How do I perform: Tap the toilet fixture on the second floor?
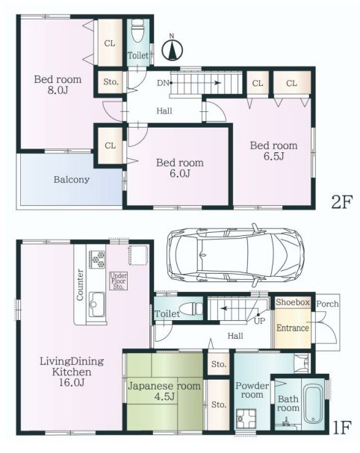pyautogui.click(x=137, y=31)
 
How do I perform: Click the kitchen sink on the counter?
pyautogui.click(x=96, y=304)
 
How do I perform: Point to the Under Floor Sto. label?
pyautogui.click(x=118, y=281)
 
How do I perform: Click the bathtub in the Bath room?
pyautogui.click(x=313, y=404)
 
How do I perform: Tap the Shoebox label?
pyautogui.click(x=292, y=302)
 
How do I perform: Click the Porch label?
pyautogui.click(x=327, y=304)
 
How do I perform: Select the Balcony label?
pyautogui.click(x=72, y=179)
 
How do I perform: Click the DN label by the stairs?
pyautogui.click(x=163, y=83)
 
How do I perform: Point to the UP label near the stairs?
pyautogui.click(x=259, y=321)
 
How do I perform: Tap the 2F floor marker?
pyautogui.click(x=342, y=202)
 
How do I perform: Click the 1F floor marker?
pyautogui.click(x=342, y=428)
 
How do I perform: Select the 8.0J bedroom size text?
pyautogui.click(x=58, y=90)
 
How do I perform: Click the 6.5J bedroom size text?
pyautogui.click(x=273, y=156)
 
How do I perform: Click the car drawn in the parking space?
pyautogui.click(x=235, y=255)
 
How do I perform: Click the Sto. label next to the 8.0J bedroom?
pyautogui.click(x=111, y=82)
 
